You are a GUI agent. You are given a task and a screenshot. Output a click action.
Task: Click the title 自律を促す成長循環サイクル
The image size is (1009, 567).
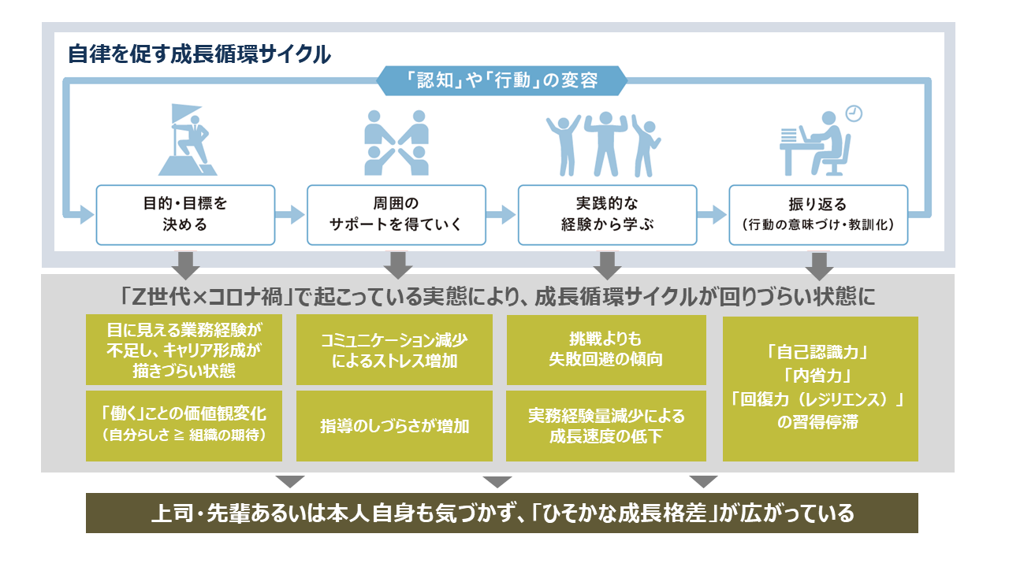[x=199, y=55]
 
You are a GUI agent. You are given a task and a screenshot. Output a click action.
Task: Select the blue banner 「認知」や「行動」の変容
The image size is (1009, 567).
[x=502, y=80]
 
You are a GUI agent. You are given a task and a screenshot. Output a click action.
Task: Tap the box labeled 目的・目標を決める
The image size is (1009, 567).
[x=185, y=214]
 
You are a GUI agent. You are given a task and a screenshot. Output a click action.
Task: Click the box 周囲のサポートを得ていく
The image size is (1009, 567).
[x=396, y=214]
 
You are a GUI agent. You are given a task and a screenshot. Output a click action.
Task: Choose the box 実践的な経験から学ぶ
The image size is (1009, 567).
[x=607, y=214]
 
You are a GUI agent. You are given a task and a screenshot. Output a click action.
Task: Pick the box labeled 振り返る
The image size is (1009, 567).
[x=817, y=214]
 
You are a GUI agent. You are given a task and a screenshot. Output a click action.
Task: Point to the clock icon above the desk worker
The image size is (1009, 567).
[x=853, y=113]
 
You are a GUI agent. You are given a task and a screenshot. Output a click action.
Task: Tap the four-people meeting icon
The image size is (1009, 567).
[x=396, y=142]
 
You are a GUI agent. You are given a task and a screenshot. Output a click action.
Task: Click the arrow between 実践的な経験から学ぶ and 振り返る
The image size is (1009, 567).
[x=713, y=214]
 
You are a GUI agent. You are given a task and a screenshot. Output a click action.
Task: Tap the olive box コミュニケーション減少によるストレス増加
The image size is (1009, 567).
[x=394, y=350]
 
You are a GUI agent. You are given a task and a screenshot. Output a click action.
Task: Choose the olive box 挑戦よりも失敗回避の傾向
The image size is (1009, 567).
[x=605, y=350]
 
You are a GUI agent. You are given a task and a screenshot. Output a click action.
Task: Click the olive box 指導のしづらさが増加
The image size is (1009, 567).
[x=394, y=426]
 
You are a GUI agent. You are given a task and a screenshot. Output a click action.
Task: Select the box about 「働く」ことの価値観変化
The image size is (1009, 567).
[x=184, y=426]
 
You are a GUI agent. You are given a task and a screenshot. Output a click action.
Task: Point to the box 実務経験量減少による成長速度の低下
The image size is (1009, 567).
[x=605, y=426]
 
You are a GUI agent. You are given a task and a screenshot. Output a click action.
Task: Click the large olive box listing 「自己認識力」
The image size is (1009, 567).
[x=820, y=388]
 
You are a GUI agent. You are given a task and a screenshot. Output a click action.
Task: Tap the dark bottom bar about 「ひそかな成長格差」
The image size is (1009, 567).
[x=501, y=513]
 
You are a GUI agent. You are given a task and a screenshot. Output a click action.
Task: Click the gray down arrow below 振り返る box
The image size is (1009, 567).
[x=819, y=264]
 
